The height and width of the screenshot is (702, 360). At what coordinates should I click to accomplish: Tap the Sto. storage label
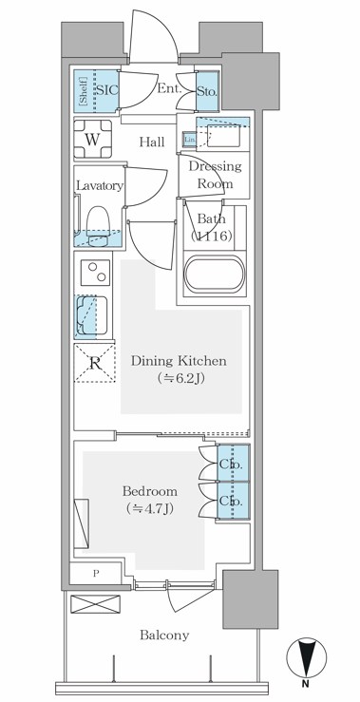207,93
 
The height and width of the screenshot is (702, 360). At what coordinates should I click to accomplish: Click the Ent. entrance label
169,88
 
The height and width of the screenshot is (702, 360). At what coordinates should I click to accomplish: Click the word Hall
152,142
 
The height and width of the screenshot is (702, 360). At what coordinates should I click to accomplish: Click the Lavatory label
100,186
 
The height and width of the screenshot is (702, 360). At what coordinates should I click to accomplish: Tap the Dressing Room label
215,174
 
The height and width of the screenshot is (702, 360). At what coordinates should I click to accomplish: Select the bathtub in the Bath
215,276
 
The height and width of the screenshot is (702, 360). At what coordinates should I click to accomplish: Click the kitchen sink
91,316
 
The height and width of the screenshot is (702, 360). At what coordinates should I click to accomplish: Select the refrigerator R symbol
94,363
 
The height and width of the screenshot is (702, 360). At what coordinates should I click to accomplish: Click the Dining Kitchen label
178,361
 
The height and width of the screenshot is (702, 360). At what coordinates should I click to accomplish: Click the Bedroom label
150,491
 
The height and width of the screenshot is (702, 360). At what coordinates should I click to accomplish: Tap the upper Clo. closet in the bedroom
231,465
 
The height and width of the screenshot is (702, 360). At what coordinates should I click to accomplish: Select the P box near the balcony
96,573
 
